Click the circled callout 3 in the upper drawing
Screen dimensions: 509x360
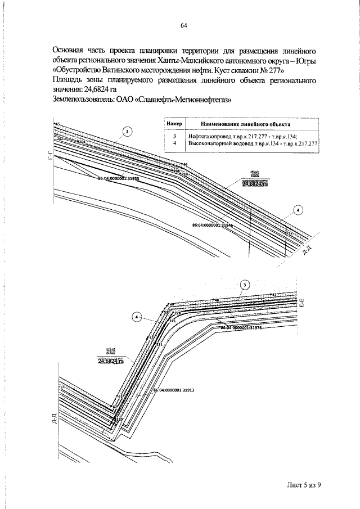pos(128,132)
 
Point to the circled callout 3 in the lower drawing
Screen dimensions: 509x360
pos(244,285)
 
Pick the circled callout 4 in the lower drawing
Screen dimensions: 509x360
pos(137,317)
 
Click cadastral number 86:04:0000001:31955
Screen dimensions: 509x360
pos(118,178)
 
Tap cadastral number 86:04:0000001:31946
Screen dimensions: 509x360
pos(212,224)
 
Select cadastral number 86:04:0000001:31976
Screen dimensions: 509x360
pos(241,327)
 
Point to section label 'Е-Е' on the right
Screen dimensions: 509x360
pos(302,308)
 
